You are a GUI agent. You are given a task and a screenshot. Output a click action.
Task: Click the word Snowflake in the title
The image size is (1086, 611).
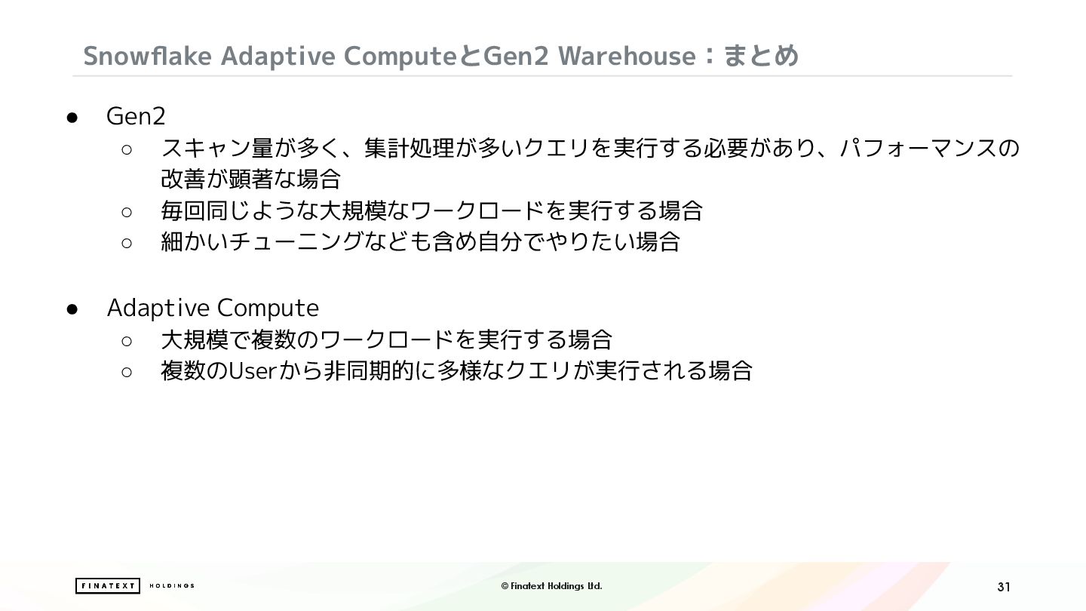(147, 56)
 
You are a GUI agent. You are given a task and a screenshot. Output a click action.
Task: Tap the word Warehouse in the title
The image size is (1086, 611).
(627, 56)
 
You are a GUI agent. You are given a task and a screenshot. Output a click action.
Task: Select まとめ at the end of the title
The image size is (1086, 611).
(760, 56)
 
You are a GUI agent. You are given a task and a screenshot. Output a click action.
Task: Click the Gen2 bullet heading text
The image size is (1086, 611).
(136, 116)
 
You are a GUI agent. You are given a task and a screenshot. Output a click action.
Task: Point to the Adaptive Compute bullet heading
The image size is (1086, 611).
(213, 308)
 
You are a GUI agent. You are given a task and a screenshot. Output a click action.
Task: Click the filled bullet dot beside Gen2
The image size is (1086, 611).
(72, 118)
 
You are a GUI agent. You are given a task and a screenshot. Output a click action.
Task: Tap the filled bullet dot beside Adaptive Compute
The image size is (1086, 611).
(72, 309)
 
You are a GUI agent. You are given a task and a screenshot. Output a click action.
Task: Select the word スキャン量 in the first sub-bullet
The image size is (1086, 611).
(217, 148)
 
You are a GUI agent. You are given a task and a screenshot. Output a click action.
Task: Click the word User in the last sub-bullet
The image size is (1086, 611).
(252, 371)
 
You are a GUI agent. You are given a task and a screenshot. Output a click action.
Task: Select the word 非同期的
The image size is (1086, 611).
(369, 371)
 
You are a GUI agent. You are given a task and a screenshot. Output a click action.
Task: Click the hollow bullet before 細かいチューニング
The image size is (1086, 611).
(127, 243)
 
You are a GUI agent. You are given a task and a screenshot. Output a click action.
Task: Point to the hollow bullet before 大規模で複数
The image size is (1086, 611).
(127, 342)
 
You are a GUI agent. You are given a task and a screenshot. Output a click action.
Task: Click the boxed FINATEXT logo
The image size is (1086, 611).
(108, 586)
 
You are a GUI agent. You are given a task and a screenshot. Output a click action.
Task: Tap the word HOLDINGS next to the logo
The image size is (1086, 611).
(172, 586)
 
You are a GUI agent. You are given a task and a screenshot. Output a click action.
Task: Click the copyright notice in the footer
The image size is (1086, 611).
(552, 586)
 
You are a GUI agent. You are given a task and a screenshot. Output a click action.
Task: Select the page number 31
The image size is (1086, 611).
(1004, 587)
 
